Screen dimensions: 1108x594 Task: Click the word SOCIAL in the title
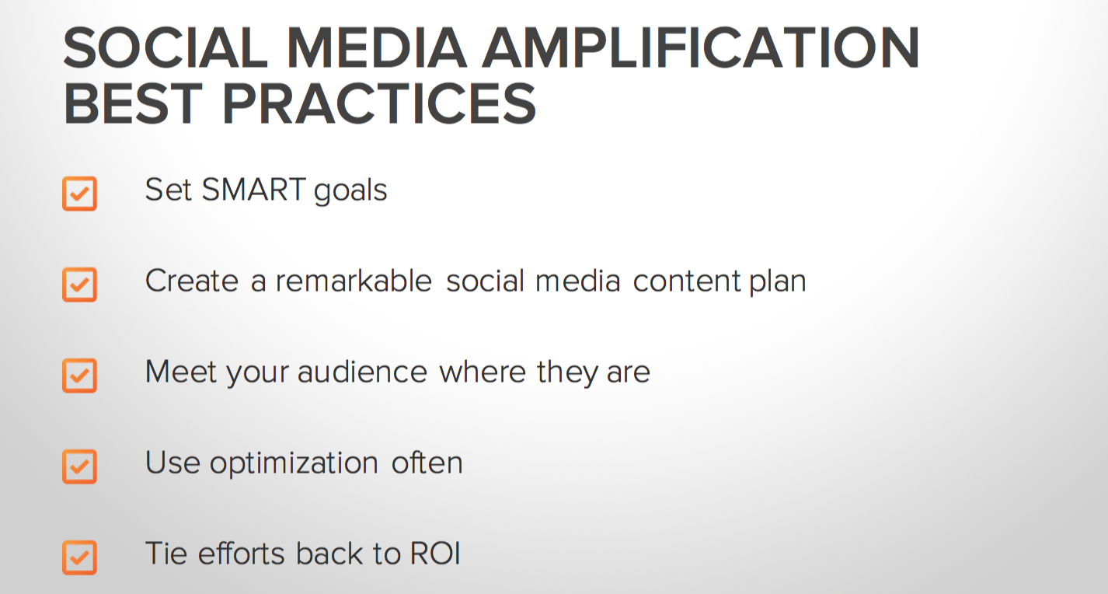point(166,47)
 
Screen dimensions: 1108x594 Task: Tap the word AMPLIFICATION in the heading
point(701,47)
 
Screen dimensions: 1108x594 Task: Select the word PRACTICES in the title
point(379,103)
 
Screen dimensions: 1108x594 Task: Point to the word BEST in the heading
point(133,103)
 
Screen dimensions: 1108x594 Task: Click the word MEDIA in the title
point(377,47)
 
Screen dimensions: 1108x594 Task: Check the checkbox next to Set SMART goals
point(79,194)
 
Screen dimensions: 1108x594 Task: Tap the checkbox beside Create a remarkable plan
point(79,285)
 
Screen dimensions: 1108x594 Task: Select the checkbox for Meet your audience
point(79,376)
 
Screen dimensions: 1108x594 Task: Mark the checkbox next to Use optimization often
point(79,466)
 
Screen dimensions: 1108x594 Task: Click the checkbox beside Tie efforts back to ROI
point(79,557)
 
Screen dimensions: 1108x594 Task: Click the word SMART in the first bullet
point(254,190)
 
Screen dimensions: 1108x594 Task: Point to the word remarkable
point(354,281)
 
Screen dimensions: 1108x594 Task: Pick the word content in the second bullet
point(687,281)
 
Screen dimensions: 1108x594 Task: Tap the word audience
point(362,372)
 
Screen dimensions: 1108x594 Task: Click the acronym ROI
point(435,554)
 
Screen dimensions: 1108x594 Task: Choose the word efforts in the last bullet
point(242,554)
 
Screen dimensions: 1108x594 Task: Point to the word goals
point(350,192)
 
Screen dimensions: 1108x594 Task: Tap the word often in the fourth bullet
point(427,463)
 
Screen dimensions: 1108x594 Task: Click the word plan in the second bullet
point(778,283)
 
